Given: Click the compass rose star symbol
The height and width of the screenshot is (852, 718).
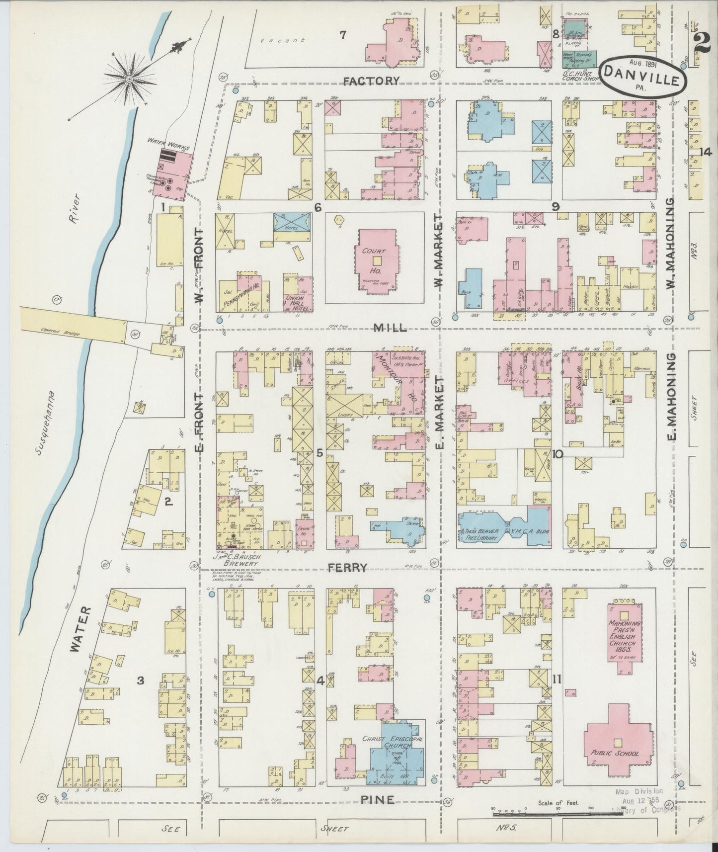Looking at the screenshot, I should coord(129,79).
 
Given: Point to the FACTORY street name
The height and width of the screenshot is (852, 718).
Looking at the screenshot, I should coord(371,81).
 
